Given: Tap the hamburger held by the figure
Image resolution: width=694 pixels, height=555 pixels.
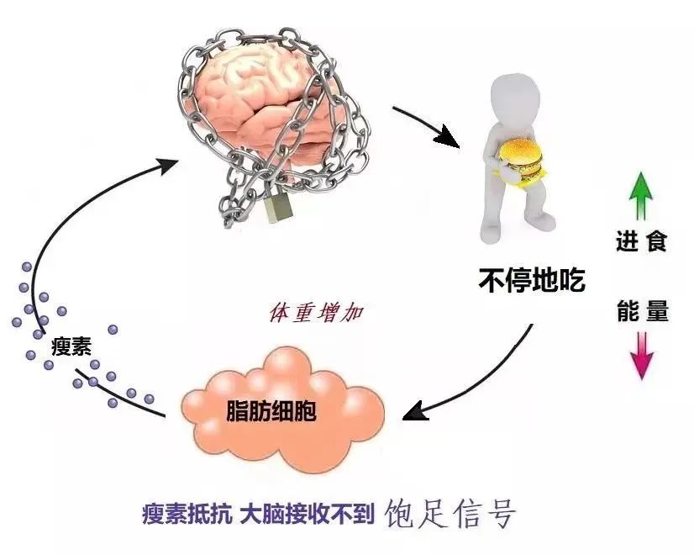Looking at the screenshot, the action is point(521,161).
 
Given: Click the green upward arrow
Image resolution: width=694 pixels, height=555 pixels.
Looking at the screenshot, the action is point(641,195).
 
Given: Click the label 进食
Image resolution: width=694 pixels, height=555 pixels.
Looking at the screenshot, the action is point(641,241).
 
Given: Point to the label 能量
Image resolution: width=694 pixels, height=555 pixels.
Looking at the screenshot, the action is point(643,310).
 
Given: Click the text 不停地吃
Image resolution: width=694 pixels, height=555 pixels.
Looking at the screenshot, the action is point(532,279).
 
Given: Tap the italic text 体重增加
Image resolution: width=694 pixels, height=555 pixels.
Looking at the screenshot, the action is point(316,313).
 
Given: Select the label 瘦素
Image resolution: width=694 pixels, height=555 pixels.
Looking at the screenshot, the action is point(71,346).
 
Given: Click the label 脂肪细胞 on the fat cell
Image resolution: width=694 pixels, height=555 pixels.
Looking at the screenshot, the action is point(271,410).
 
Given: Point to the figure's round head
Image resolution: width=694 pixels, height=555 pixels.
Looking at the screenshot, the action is point(515,98).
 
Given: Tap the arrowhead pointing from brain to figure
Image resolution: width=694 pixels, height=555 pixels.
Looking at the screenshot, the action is point(448,137).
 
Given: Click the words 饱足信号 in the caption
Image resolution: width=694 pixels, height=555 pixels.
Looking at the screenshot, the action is point(450,513).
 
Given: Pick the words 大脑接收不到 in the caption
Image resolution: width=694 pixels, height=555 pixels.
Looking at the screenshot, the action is point(308,514).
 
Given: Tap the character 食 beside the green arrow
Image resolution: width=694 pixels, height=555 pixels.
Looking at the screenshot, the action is point(656,241).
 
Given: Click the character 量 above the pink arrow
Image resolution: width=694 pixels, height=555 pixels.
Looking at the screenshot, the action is point(657,310).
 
